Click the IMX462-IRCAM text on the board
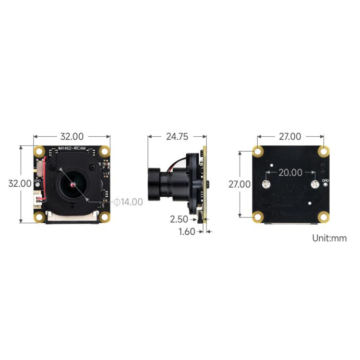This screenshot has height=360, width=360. pyautogui.click(x=72, y=148)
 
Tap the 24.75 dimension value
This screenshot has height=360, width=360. pyautogui.click(x=177, y=136)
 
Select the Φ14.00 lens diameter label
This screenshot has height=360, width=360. pyautogui.click(x=128, y=202)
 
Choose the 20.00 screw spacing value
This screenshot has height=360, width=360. pyautogui.click(x=291, y=172)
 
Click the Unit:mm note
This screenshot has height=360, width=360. pyautogui.click(x=329, y=238)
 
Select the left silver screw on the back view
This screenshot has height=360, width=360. pyautogui.click(x=265, y=185)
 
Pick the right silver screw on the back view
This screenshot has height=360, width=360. pyautogui.click(x=315, y=185)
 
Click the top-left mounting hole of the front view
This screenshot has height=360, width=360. pyautogui.click(x=38, y=151)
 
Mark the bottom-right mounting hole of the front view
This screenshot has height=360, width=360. pyautogui.click(x=105, y=217)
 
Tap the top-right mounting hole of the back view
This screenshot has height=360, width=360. pyautogui.click(x=324, y=151)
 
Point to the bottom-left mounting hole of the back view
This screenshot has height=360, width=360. pyautogui.click(x=258, y=217)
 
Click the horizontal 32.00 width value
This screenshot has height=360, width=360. pyautogui.click(x=72, y=136)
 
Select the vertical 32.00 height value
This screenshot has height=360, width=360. pyautogui.click(x=21, y=183)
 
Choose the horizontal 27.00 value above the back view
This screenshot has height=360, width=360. pyautogui.click(x=290, y=137)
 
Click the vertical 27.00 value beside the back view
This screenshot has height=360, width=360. pyautogui.click(x=239, y=184)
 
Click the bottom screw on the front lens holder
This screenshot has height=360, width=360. pyautogui.click(x=72, y=206)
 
